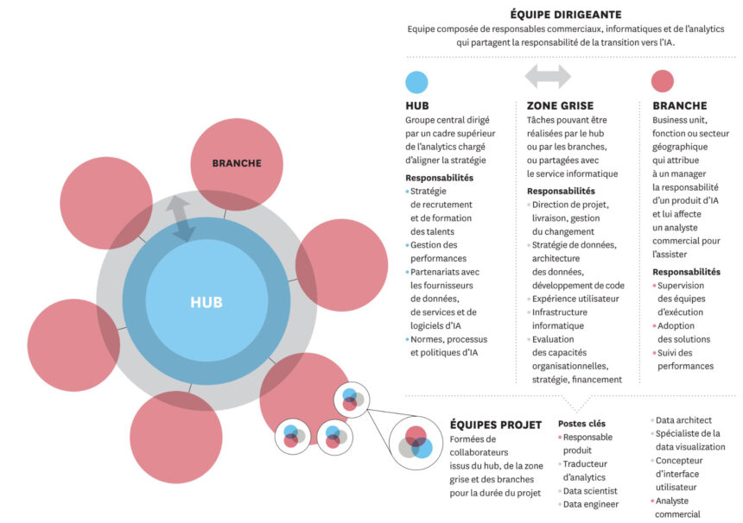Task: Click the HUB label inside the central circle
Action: point(206,302)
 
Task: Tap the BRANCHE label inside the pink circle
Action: point(237,163)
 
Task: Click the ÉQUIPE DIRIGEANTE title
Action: point(566,15)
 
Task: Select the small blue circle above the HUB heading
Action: point(416,82)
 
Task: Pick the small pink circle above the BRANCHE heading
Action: point(663,81)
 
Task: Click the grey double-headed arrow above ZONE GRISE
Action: point(548,76)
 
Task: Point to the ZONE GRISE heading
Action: point(560,105)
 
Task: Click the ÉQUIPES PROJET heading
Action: point(496,425)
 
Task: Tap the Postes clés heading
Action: point(582,424)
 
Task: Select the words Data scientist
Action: point(590,491)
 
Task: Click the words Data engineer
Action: point(590,505)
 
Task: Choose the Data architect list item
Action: point(683,420)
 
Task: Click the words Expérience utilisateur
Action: point(575,299)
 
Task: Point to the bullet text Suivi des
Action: point(675,353)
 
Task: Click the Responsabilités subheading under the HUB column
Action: point(439,178)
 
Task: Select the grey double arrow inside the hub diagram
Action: point(181,218)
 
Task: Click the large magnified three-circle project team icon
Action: point(416,444)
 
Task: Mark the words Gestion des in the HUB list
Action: point(434,245)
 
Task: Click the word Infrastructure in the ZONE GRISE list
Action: point(560,312)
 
